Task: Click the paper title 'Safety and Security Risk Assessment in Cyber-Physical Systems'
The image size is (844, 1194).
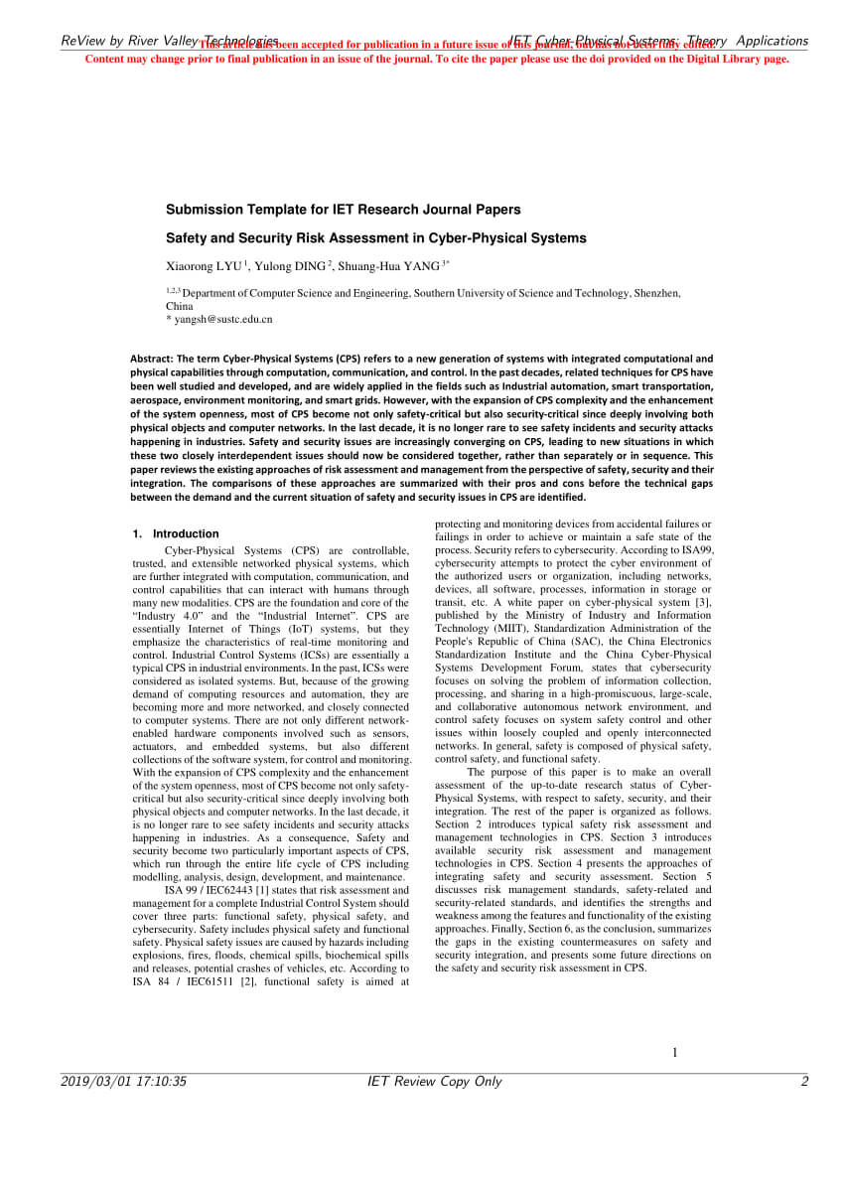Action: click(x=375, y=238)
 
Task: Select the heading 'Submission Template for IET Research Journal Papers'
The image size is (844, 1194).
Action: click(x=343, y=210)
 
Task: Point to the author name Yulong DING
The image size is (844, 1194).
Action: click(x=292, y=266)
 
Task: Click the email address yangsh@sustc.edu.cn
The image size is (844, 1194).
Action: click(x=222, y=320)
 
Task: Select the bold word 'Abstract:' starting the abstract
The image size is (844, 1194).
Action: click(x=152, y=359)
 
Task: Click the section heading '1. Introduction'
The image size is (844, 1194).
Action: click(x=176, y=533)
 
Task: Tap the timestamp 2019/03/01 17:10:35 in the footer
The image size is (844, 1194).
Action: click(x=124, y=1082)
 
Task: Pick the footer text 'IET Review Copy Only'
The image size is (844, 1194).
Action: click(x=434, y=1082)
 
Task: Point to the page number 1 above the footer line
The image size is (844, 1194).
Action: click(x=675, y=1053)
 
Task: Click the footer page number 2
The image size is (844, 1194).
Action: click(x=804, y=1082)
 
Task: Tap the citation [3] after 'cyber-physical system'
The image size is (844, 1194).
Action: click(x=702, y=602)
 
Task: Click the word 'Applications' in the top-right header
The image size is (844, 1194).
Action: click(x=772, y=41)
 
